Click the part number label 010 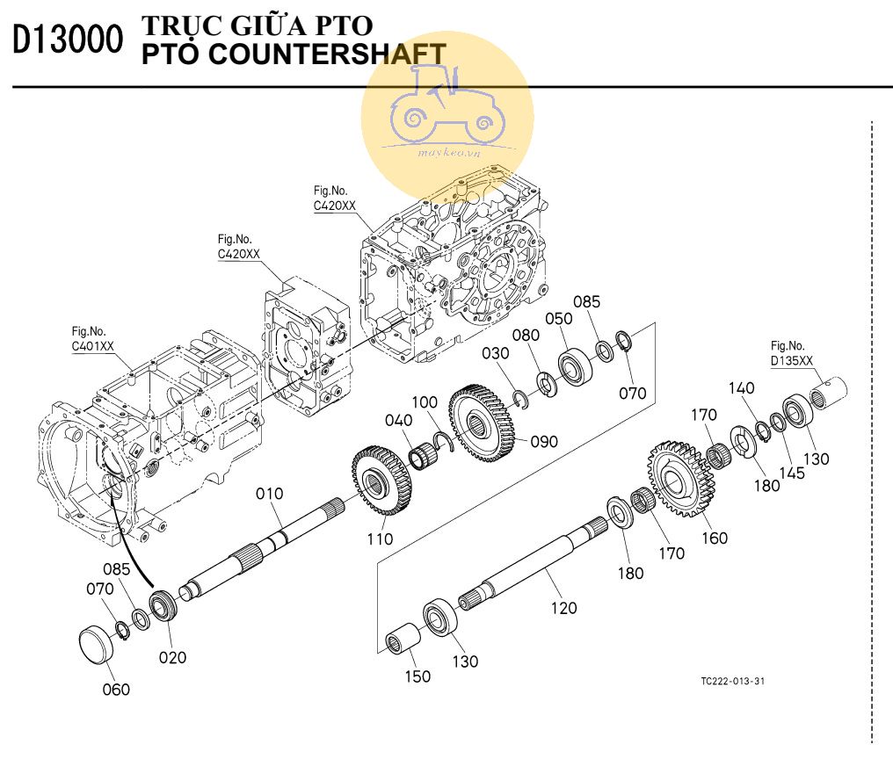pos(270,494)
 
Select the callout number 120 pos(563,607)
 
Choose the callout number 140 pos(741,387)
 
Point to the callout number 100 pos(425,401)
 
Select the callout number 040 pos(398,421)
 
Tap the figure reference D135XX pos(791,361)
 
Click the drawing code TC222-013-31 pos(732,681)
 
